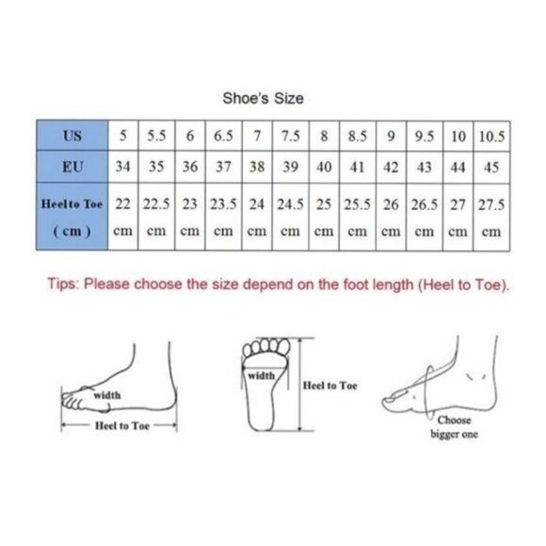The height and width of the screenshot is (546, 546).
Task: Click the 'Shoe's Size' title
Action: tap(263, 98)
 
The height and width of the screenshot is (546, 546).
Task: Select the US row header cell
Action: tap(72, 136)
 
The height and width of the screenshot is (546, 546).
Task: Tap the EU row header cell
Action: tap(72, 167)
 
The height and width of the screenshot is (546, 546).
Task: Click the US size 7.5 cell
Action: tap(290, 136)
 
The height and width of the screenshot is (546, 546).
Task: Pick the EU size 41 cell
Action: tap(358, 167)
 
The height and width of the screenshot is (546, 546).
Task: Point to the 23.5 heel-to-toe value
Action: tap(223, 204)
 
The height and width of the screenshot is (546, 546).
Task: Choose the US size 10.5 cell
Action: tap(491, 136)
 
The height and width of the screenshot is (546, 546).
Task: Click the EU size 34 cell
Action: tap(123, 167)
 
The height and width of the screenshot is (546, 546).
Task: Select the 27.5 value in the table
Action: tap(491, 204)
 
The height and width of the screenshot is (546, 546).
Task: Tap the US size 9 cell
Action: tap(391, 136)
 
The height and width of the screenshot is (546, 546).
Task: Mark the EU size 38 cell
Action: tap(257, 167)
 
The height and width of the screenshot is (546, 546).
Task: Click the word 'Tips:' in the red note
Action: tap(64, 283)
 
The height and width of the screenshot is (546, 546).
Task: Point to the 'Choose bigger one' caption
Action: tap(454, 426)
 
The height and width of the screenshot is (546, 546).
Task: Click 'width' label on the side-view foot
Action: tap(107, 395)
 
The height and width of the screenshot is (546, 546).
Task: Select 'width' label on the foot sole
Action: tap(261, 376)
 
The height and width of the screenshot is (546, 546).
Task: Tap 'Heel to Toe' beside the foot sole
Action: tap(329, 385)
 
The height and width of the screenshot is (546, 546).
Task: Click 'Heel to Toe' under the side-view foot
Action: tap(121, 426)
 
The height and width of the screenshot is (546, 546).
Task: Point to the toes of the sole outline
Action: tap(266, 346)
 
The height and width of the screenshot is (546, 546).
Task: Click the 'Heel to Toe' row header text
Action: tap(72, 204)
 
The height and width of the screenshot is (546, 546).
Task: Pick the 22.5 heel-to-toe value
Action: tap(156, 204)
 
